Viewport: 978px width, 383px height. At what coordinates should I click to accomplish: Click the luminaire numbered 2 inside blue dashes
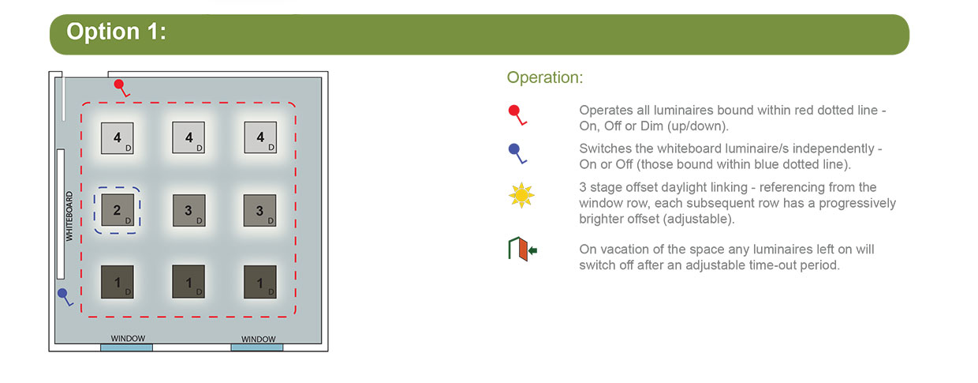[118, 210]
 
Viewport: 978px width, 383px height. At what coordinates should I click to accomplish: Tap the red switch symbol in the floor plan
[121, 88]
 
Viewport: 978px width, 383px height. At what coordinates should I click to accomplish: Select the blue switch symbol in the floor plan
[65, 297]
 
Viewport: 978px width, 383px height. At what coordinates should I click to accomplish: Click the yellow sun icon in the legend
[521, 195]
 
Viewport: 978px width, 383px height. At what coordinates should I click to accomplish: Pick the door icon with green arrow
[523, 250]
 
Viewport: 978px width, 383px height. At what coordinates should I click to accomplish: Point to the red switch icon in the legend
[517, 115]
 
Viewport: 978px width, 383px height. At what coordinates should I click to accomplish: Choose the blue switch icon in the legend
[517, 153]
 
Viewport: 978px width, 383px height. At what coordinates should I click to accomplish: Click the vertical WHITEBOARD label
[69, 216]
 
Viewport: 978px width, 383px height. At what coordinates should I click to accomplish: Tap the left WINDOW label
[128, 339]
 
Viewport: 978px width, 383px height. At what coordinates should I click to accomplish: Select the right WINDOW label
[259, 339]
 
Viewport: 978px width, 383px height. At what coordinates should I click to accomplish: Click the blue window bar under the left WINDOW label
[127, 347]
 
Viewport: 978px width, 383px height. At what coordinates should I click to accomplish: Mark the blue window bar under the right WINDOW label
[257, 347]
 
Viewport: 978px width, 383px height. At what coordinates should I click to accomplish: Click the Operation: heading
[545, 77]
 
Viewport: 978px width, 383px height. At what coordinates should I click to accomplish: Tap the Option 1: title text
[116, 32]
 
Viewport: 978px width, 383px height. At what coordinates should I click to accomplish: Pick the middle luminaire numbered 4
[189, 137]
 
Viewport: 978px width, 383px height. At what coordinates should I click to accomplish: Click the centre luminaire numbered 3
[189, 210]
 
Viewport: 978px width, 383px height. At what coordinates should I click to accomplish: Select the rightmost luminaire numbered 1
[260, 282]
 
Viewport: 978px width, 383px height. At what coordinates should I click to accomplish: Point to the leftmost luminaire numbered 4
[118, 138]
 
